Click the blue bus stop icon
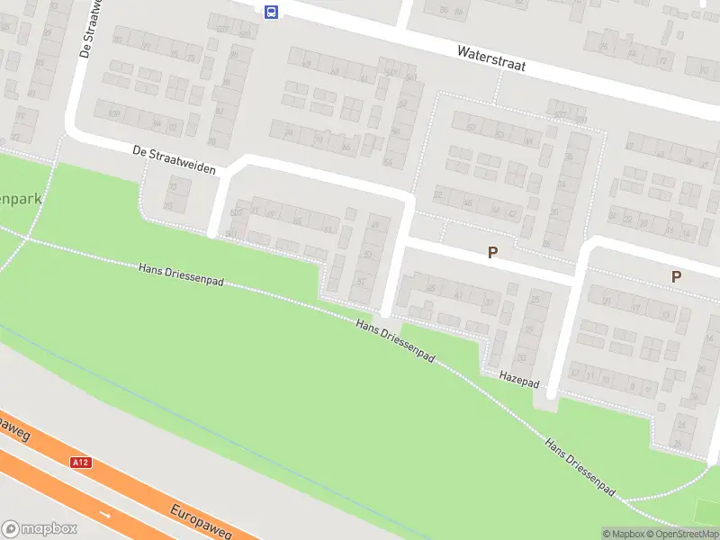(271, 11)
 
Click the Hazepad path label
(517, 378)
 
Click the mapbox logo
(40, 528)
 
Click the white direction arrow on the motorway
(106, 515)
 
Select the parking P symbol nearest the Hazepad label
(492, 253)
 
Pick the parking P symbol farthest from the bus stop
(676, 276)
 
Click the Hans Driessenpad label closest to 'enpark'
(182, 275)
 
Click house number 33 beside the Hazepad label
(521, 357)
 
